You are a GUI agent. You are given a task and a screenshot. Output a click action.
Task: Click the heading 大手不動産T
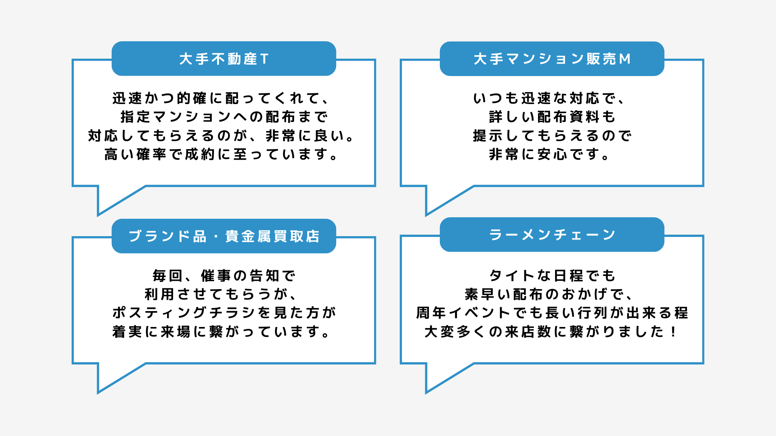tap(224, 59)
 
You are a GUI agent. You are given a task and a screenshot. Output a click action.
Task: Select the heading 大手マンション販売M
tap(552, 59)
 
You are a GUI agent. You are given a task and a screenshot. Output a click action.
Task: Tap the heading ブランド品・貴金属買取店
tap(224, 236)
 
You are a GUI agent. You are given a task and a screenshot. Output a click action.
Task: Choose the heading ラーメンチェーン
tap(552, 235)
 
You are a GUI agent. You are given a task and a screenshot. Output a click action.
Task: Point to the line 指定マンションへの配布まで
tap(224, 117)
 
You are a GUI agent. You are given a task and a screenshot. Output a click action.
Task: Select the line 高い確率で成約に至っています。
tap(221, 154)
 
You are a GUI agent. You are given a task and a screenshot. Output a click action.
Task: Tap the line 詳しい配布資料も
tap(552, 117)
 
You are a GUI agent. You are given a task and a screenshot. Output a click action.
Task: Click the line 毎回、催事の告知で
tap(224, 276)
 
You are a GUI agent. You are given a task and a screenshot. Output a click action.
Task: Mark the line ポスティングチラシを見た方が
tap(224, 313)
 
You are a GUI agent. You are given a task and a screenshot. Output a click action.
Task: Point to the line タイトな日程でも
tap(552, 276)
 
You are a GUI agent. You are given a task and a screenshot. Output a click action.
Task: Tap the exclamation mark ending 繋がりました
tap(673, 332)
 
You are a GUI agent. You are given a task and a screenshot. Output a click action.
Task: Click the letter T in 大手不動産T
tap(264, 59)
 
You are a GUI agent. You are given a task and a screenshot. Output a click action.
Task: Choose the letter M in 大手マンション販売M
tap(625, 59)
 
